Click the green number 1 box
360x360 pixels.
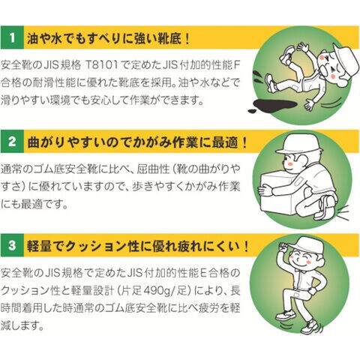12,37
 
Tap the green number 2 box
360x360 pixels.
12,141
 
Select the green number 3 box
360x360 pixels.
12,245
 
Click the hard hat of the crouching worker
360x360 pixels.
299,144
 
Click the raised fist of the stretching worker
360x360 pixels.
284,248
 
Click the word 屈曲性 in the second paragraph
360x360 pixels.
153,169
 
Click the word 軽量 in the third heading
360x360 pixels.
39,246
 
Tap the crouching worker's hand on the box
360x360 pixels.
265,190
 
